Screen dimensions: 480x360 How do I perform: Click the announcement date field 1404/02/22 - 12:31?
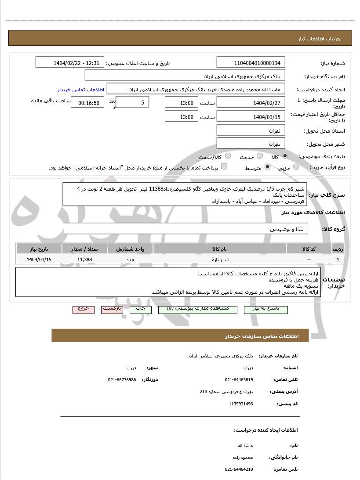pyautogui.click(x=70, y=62)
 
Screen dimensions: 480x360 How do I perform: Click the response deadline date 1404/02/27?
pyautogui.click(x=251, y=103)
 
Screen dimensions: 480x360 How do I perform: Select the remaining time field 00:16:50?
pyautogui.click(x=88, y=103)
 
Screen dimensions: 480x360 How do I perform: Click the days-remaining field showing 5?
pyautogui.click(x=132, y=102)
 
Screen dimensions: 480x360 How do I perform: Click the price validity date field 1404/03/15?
pyautogui.click(x=251, y=117)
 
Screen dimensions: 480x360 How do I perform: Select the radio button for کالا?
pyautogui.click(x=285, y=156)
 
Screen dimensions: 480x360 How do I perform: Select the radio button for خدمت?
pyautogui.click(x=260, y=156)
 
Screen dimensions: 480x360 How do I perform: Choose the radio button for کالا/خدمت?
pyautogui.click(x=228, y=156)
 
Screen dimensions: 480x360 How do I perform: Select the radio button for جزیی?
pyautogui.click(x=296, y=167)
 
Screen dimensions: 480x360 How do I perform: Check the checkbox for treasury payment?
pyautogui.click(x=224, y=166)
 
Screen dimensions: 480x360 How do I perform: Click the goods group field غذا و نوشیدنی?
pyautogui.click(x=185, y=229)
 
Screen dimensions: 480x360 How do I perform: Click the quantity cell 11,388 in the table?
pyautogui.click(x=84, y=260)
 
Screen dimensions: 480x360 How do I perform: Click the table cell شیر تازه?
pyautogui.click(x=220, y=260)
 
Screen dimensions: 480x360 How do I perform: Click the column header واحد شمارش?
pyautogui.click(x=131, y=249)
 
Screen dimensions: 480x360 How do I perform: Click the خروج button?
pyautogui.click(x=84, y=309)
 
